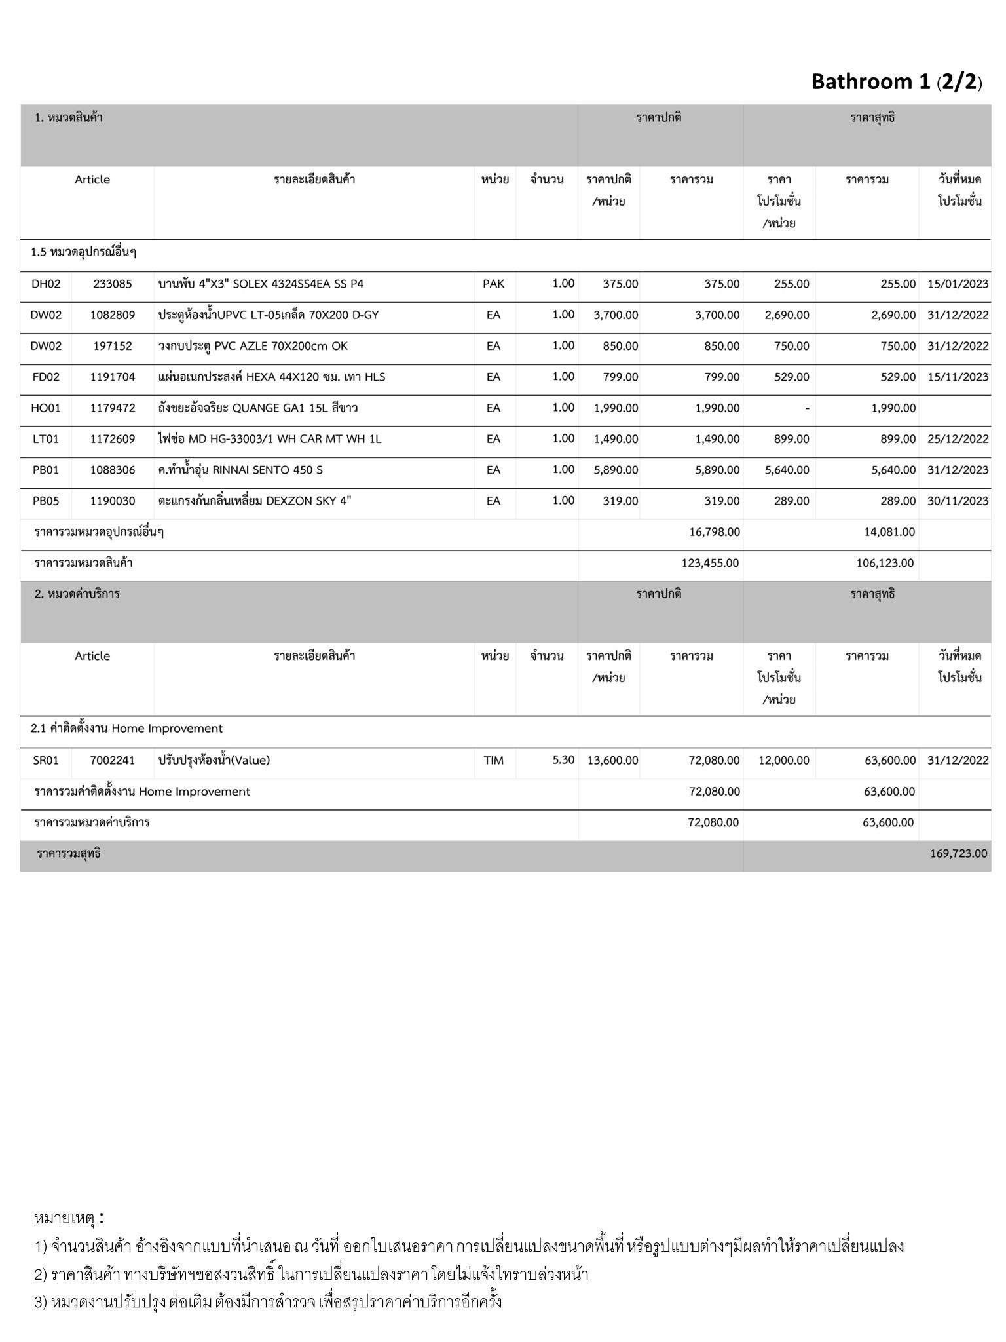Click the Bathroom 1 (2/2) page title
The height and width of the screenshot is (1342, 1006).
(x=896, y=82)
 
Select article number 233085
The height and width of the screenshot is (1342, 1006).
(x=112, y=284)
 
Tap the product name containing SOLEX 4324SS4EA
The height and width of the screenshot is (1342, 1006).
(x=261, y=284)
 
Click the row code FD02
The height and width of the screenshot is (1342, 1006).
(x=46, y=377)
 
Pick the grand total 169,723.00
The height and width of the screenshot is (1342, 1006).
(x=958, y=853)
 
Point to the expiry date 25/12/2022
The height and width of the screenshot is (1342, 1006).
(x=958, y=439)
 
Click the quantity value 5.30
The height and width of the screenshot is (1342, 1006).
(x=563, y=760)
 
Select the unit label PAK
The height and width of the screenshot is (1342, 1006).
(x=493, y=284)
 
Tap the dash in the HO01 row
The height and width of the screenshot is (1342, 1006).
(x=807, y=408)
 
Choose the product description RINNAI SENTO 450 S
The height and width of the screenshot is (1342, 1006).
(x=240, y=470)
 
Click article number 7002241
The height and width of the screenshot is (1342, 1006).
(x=112, y=760)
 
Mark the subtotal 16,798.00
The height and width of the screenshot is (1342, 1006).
(x=714, y=532)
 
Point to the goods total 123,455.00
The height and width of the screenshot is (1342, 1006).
(x=710, y=563)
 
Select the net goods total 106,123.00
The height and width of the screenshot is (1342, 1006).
(x=885, y=563)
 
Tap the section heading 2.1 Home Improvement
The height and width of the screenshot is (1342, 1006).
(x=126, y=729)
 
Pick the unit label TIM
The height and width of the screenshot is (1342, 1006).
(x=493, y=760)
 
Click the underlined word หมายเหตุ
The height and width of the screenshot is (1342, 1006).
(x=64, y=1218)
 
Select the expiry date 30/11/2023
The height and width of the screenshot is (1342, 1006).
(x=958, y=501)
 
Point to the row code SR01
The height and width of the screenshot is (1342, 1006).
(x=46, y=760)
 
